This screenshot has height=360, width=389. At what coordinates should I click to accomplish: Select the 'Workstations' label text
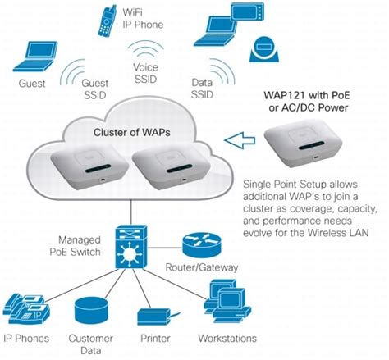227,338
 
